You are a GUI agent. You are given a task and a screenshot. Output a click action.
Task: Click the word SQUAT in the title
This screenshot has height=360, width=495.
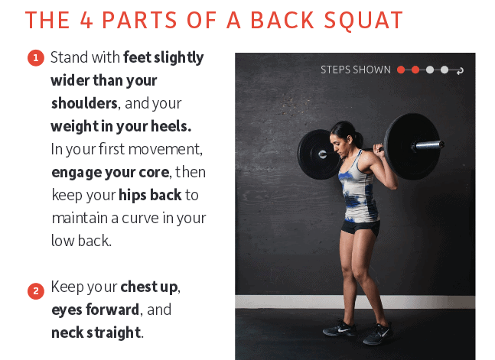(363, 21)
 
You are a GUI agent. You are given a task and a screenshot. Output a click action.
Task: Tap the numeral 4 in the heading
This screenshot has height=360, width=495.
(86, 20)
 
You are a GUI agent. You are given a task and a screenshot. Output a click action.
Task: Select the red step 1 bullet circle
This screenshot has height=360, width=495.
(36, 58)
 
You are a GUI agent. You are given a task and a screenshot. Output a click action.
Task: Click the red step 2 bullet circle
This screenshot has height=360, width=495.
(36, 290)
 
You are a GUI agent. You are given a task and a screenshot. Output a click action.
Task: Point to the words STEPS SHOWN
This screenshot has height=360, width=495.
(356, 70)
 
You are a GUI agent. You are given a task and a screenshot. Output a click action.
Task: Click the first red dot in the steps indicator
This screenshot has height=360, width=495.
(401, 70)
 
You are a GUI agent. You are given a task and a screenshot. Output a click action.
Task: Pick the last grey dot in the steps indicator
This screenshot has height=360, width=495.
(445, 70)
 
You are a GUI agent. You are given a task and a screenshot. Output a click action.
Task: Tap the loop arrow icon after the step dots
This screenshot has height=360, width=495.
(460, 70)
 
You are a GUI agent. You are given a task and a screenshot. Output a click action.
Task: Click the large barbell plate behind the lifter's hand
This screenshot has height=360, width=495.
(412, 147)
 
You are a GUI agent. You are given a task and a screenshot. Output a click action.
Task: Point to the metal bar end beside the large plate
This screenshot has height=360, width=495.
(428, 145)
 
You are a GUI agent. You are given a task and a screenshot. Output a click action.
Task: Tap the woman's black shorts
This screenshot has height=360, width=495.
(360, 228)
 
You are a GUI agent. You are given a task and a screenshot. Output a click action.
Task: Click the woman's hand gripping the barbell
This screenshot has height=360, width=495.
(378, 150)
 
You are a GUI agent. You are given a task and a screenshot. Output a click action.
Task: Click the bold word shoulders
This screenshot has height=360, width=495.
(84, 103)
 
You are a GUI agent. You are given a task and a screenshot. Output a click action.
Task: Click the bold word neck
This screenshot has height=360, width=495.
(67, 332)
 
